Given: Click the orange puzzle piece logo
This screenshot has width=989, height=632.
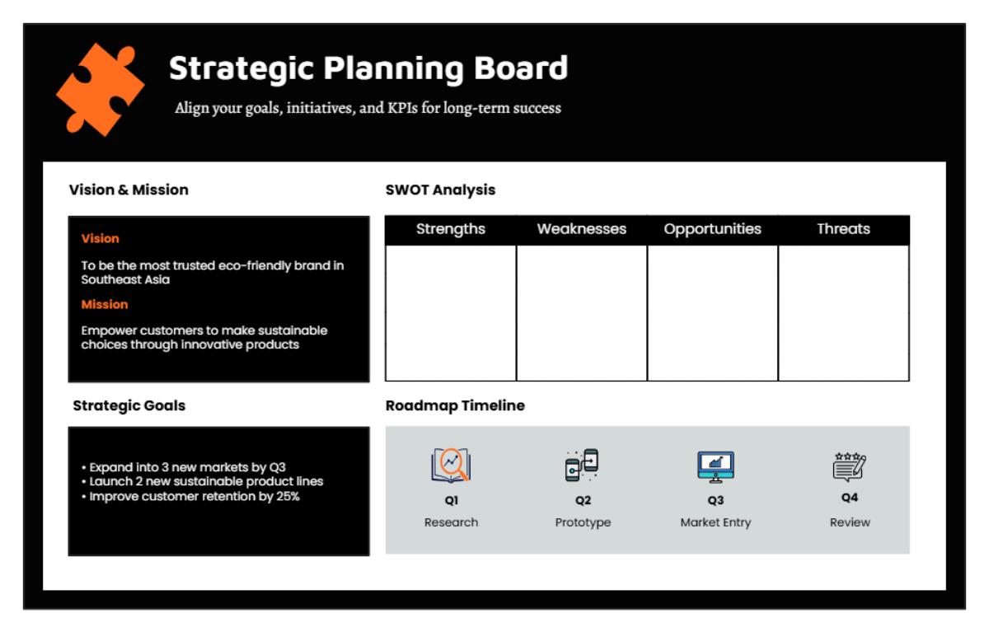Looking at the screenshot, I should pos(100,89).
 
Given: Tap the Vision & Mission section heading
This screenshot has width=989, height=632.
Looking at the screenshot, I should pos(129,190).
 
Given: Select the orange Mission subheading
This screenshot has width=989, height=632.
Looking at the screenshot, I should pos(105,304).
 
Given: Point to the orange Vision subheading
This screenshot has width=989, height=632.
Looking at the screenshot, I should pos(101,238).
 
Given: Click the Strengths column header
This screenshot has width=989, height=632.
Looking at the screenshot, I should pos(451,229).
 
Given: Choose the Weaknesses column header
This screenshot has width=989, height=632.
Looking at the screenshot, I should pos(582,229).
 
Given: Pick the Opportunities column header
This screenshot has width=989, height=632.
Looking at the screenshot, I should pos(713,229).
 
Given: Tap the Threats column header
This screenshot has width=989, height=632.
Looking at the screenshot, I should pos(843,229).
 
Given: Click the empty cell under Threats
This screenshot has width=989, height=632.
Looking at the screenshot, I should pos(843,313).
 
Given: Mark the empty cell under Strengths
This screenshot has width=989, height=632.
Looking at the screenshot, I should pos(451,313).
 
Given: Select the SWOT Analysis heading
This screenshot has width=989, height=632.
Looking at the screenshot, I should pos(440,190).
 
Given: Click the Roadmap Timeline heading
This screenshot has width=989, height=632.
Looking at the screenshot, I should pos(455,405).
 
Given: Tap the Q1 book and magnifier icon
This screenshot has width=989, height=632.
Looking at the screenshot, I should pos(451,466).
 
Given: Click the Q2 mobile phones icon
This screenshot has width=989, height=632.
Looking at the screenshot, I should pos(582,466).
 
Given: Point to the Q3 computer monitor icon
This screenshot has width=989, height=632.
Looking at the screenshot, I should pos(715,466).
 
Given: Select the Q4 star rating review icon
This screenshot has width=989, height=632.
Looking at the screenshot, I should pos(849,466).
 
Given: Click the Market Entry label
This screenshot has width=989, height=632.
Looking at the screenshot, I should pos(715,522).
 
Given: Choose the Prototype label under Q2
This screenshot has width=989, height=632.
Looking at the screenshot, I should pos(583,522).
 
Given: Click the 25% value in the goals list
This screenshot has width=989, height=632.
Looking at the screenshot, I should pos(286,497).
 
